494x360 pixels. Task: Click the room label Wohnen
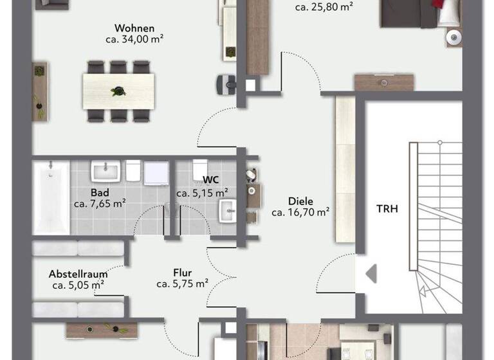coord(134,28)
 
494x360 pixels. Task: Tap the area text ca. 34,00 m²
coord(134,39)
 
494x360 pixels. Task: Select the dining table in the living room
coord(118,90)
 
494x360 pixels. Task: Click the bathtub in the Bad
coord(50,197)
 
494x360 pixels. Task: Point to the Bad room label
coord(99,192)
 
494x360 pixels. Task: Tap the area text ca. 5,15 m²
coord(203,192)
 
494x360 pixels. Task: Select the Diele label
coord(300,201)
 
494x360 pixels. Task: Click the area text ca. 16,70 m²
coord(300,212)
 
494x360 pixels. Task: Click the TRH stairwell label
coord(388,208)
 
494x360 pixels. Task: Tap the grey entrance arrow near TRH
coord(370,274)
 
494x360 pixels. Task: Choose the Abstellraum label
coord(78,274)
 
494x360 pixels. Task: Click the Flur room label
coord(182,273)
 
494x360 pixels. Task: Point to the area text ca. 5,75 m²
coord(182,283)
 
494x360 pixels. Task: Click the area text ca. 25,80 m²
coord(325,8)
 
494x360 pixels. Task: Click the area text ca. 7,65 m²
coord(99,204)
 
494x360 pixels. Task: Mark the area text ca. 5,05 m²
coord(78,285)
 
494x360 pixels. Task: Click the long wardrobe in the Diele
coord(344,169)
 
